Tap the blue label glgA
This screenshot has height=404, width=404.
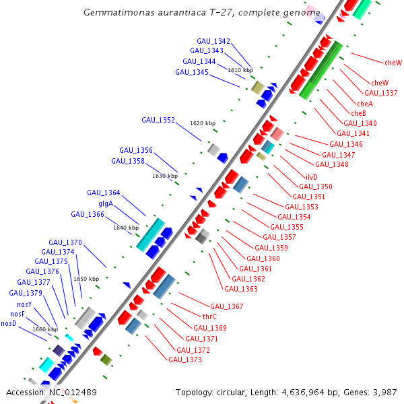point(106,204)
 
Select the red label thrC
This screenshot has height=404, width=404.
point(209,316)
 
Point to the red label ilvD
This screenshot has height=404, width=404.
point(312,177)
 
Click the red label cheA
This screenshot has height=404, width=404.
point(365,104)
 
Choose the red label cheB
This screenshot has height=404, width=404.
point(359,113)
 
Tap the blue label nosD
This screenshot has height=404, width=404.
point(9,323)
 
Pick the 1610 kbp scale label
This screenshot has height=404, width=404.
point(240,70)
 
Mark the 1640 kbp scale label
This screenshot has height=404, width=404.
point(126,228)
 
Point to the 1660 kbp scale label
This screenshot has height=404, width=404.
point(45,329)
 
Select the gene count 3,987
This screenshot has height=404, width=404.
point(384,392)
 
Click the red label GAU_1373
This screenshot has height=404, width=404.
point(185,360)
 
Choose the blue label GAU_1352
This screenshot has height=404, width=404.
point(158,121)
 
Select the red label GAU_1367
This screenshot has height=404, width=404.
point(227,307)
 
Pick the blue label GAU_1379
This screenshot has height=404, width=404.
point(26,294)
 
